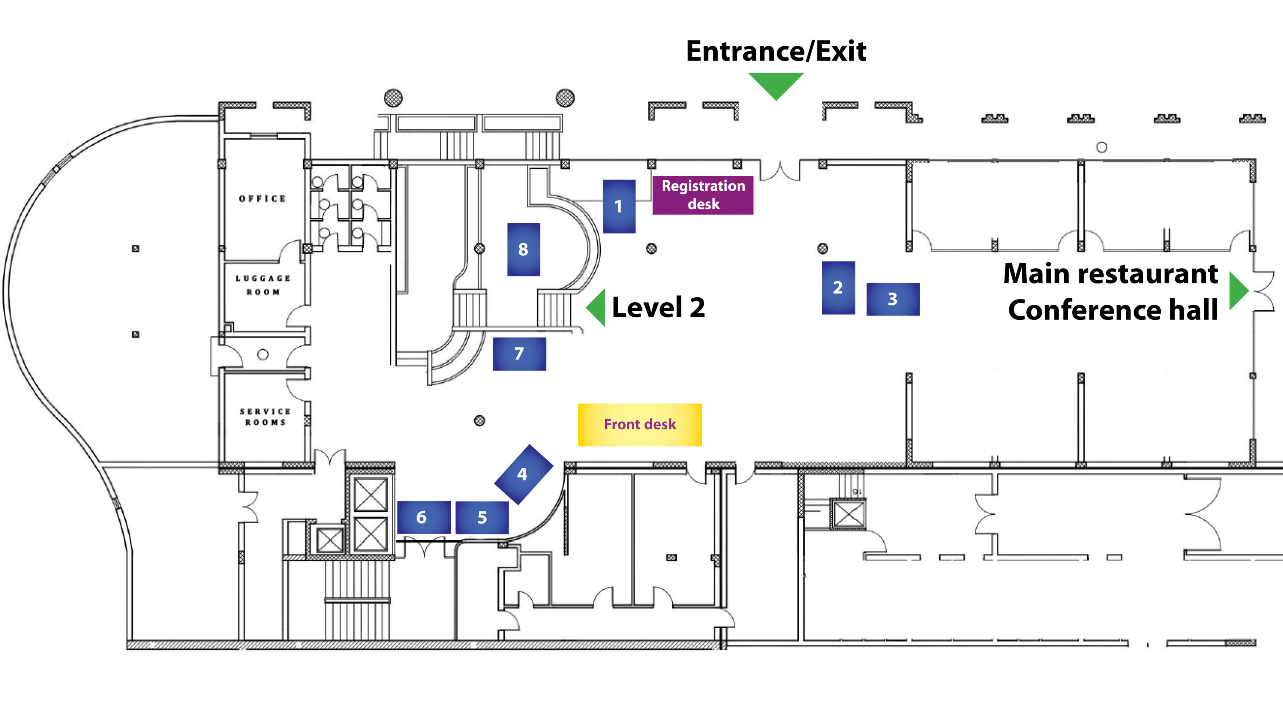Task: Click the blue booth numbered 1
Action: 619,206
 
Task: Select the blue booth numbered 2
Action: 838,288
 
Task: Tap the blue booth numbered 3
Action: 893,299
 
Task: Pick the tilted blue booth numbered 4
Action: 523,474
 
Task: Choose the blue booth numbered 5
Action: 482,517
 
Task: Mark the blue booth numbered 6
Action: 423,517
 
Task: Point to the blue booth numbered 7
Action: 519,354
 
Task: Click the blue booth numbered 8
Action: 523,249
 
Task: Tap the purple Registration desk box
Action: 703,195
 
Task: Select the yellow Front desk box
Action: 639,425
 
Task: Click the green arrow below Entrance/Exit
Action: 776,84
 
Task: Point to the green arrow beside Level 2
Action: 597,307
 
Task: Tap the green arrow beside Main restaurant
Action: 1238,290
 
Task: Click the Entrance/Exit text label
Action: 776,51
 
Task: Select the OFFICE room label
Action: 262,199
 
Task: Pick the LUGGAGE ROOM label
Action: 263,285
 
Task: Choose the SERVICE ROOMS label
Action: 265,417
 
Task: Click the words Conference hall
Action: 1113,310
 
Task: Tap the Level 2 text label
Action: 658,307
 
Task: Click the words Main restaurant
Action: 1111,274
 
